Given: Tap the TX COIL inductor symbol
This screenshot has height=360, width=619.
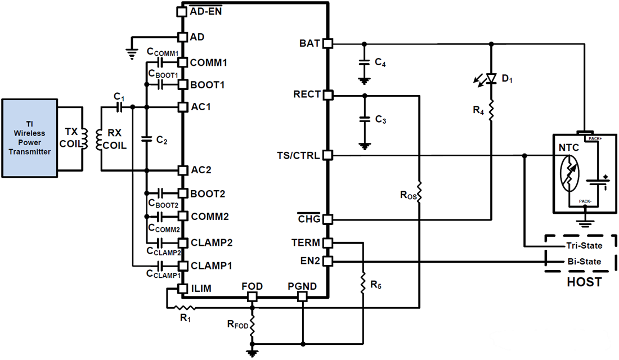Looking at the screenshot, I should (x=85, y=138).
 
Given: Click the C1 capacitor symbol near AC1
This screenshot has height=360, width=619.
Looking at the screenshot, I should (x=119, y=107).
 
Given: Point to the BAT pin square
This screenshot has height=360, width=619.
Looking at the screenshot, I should (x=328, y=43).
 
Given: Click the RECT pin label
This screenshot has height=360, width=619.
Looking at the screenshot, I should (x=307, y=94).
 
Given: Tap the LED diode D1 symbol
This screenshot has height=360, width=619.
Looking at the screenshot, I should (x=491, y=78).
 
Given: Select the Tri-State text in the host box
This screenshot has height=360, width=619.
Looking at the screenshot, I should (x=583, y=246).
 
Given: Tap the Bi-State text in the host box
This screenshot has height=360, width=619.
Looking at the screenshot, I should (x=584, y=262).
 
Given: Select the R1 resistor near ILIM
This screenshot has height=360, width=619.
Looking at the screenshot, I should (x=183, y=308).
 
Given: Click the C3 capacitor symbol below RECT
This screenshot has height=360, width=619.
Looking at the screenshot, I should (x=364, y=119).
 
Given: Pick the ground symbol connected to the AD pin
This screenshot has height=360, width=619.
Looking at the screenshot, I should (x=132, y=55).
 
